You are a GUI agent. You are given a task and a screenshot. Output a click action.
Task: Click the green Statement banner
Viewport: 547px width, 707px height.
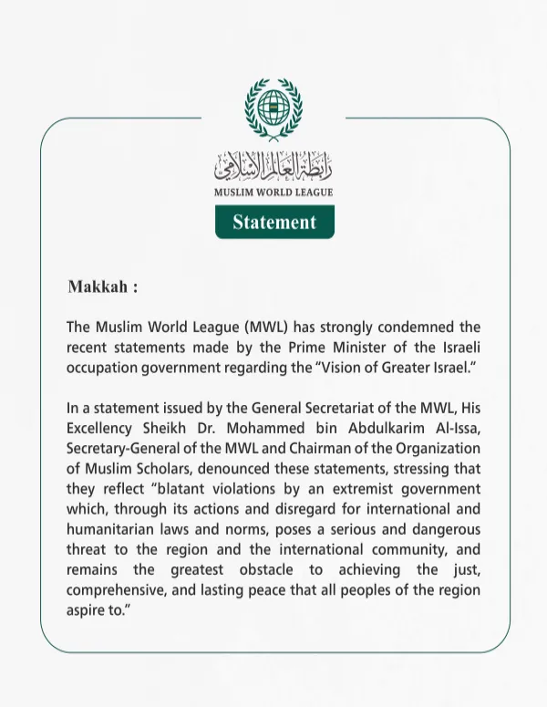coord(274,222)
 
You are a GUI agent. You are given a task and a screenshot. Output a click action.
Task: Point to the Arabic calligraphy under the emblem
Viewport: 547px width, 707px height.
coord(273,166)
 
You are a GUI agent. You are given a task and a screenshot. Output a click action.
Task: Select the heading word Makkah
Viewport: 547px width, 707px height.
coord(97,287)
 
